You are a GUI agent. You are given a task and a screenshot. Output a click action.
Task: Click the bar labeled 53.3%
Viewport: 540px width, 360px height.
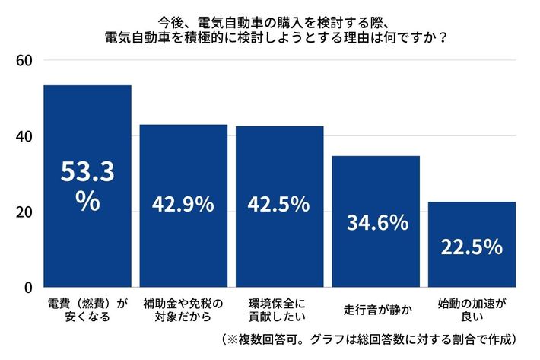pyautogui.click(x=87, y=186)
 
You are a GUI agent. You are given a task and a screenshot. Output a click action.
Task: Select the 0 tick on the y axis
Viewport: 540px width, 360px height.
pyautogui.click(x=27, y=288)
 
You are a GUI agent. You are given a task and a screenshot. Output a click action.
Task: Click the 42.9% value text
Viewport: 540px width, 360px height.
pyautogui.click(x=183, y=205)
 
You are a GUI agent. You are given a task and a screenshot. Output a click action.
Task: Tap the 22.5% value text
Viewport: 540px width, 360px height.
pyautogui.click(x=472, y=247)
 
